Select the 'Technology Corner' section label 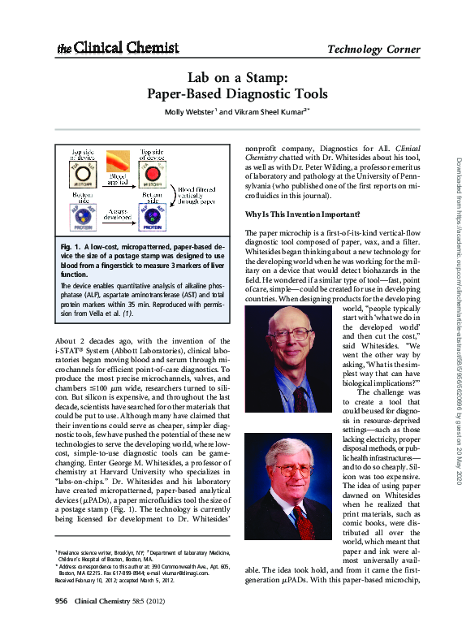(373, 50)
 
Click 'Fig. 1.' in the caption (72, 244)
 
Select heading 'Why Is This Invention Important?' (303, 214)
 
